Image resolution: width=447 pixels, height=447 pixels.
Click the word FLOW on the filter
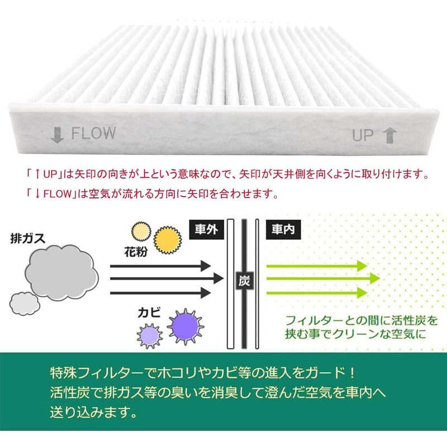tap(93, 133)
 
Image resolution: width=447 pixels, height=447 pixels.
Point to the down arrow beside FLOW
tap(57, 135)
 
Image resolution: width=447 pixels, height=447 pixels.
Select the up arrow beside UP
tap(389, 135)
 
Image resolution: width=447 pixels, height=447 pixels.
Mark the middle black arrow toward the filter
tap(167, 278)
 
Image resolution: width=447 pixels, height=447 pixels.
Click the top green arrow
tap(315, 267)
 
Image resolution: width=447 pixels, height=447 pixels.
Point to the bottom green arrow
tap(315, 292)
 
